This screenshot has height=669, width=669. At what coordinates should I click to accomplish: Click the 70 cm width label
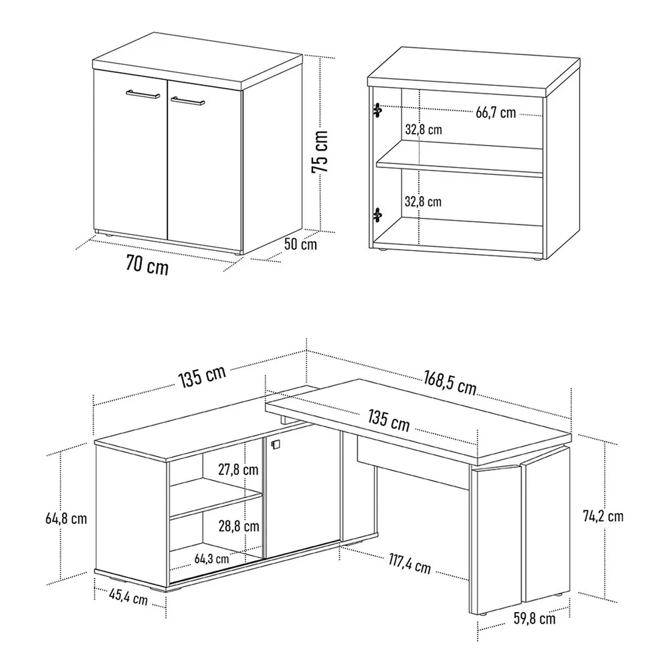coord(147,265)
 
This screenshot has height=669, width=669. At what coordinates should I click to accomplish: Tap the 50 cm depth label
coord(301,244)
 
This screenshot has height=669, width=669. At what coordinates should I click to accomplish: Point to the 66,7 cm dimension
coord(496,112)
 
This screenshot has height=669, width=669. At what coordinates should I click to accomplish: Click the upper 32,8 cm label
coord(423,129)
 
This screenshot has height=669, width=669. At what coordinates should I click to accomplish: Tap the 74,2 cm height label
coord(603,516)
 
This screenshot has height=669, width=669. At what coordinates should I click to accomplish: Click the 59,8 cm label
coord(534,619)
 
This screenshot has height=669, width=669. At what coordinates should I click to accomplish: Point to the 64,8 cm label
coord(66,518)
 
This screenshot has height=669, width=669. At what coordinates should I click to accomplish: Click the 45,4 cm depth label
coord(128,596)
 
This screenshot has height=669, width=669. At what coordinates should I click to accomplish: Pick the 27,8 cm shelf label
coord(238,469)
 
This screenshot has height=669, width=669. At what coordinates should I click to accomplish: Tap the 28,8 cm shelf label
coord(239,526)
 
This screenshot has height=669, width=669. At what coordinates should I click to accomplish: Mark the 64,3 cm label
coord(211,558)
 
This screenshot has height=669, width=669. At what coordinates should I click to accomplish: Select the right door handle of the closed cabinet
coord(187,100)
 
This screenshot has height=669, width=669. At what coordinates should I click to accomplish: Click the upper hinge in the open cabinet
coord(378,110)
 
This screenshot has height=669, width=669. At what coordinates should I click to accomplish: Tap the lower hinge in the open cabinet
coord(378,215)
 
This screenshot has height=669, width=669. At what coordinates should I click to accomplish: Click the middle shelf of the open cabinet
coord(460,159)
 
